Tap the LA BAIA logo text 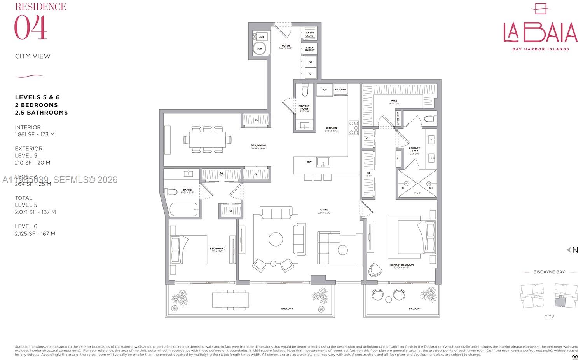(x=540, y=33)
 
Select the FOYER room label (x=286, y=46)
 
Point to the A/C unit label (x=262, y=37)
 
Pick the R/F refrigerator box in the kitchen (x=324, y=90)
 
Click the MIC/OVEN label (x=340, y=90)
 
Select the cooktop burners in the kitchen (x=354, y=128)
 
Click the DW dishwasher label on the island (x=309, y=162)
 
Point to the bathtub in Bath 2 (x=184, y=209)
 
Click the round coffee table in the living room (x=276, y=239)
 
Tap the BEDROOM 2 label (x=218, y=249)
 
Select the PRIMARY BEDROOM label (x=401, y=265)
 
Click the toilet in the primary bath (x=429, y=118)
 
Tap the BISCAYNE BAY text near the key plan (x=549, y=272)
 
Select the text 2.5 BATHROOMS (x=42, y=113)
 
